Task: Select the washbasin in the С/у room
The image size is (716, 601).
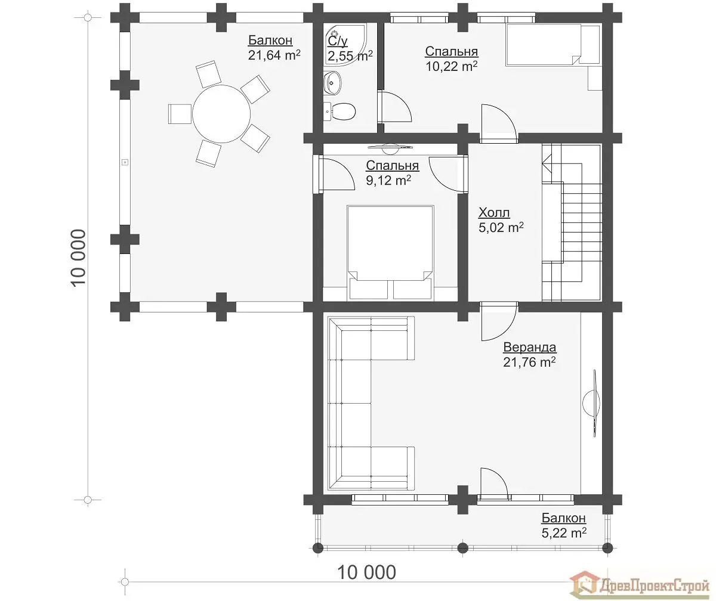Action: (332, 82)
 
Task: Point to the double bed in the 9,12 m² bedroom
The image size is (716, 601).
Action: (390, 253)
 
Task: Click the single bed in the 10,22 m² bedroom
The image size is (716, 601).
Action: (553, 44)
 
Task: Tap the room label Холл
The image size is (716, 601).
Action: (494, 213)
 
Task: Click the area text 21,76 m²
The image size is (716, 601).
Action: (529, 362)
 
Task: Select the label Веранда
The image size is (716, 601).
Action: (529, 348)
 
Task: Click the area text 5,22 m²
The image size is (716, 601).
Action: (564, 533)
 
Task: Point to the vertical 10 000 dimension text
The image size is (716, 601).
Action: (79, 258)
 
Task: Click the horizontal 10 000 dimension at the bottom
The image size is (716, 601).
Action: (366, 572)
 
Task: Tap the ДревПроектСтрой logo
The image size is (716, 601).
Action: (639, 586)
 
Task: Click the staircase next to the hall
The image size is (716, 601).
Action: (572, 223)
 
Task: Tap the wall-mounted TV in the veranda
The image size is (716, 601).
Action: (592, 403)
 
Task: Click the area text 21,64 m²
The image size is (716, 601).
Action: (274, 55)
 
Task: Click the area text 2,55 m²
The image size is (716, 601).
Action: (350, 55)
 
